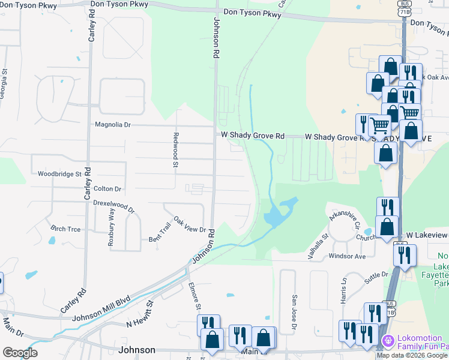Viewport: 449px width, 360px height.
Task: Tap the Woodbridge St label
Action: pos(59,174)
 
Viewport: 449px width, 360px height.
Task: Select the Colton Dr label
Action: pos(107,188)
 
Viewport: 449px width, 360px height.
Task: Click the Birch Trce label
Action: pos(65,229)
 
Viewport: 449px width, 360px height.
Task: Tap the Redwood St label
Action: pos(176,149)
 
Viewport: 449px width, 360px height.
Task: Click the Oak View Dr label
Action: pos(190,225)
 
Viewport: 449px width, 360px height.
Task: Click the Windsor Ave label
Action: pos(347,256)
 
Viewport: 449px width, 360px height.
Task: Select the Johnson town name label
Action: pos(137,350)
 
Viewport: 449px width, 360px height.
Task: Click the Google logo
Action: pos(20,353)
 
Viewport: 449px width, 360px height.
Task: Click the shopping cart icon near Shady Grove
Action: pos(379,125)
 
